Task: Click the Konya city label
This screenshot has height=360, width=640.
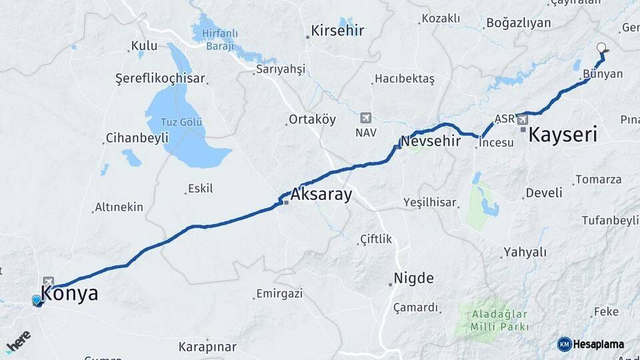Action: (69, 293)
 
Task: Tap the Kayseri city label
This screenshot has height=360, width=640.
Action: (562, 135)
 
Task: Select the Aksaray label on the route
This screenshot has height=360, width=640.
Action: (321, 195)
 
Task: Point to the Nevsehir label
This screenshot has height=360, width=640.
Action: (430, 141)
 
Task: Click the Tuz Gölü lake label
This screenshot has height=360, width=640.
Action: (182, 123)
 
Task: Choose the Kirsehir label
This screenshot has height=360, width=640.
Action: (337, 31)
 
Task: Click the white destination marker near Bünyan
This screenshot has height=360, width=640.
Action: (602, 48)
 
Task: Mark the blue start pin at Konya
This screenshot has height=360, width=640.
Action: (37, 301)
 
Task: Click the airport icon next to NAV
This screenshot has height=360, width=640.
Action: (365, 118)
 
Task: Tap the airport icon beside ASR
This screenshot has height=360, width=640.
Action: (521, 120)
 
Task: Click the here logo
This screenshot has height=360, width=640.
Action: (18, 340)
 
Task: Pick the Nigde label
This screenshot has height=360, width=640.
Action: (413, 278)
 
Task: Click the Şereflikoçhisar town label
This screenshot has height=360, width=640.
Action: (160, 78)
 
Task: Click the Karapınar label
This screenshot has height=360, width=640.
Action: (207, 347)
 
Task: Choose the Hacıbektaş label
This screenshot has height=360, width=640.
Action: (404, 79)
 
